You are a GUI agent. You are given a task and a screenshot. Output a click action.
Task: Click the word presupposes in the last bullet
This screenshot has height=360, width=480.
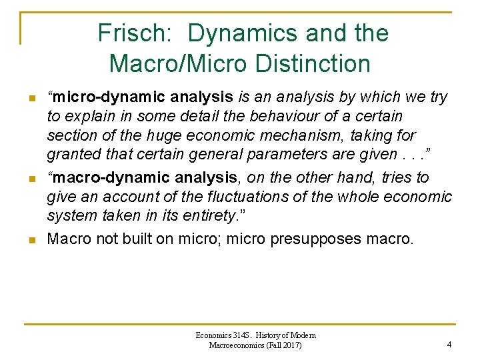pyautogui.click(x=316, y=239)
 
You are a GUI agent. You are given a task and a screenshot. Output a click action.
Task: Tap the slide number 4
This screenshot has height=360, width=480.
pyautogui.click(x=449, y=345)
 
